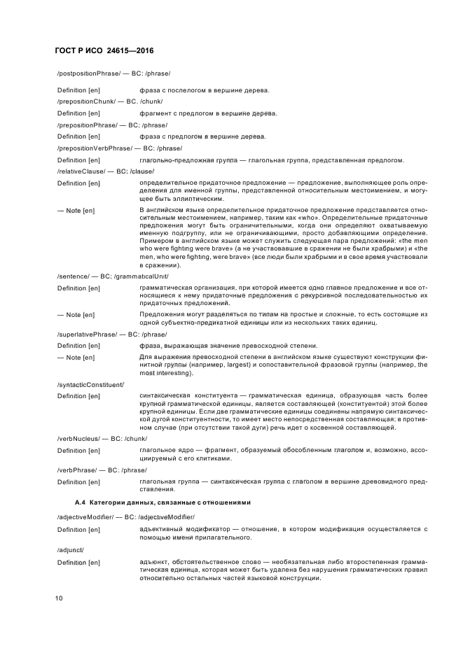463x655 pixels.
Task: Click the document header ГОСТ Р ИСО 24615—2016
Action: [105, 52]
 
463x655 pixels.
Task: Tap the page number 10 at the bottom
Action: [61, 598]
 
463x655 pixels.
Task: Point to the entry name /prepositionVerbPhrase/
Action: [92, 148]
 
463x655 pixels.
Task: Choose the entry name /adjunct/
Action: [70, 550]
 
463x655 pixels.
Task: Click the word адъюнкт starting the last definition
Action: [154, 563]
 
